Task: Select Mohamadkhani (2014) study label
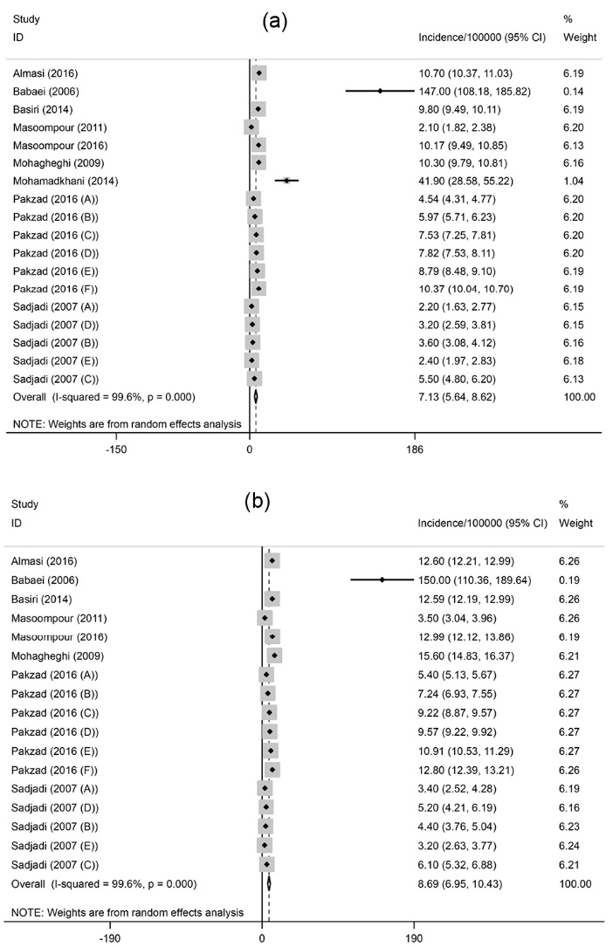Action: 65,181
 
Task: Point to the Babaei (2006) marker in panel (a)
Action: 380,91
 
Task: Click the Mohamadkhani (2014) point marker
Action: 286,181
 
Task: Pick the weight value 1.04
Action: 574,181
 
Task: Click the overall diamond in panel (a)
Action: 256,396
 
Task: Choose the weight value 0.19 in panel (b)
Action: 575,579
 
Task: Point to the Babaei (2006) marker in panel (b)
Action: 382,579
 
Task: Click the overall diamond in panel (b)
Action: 269,883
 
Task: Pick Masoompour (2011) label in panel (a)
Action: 58,127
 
